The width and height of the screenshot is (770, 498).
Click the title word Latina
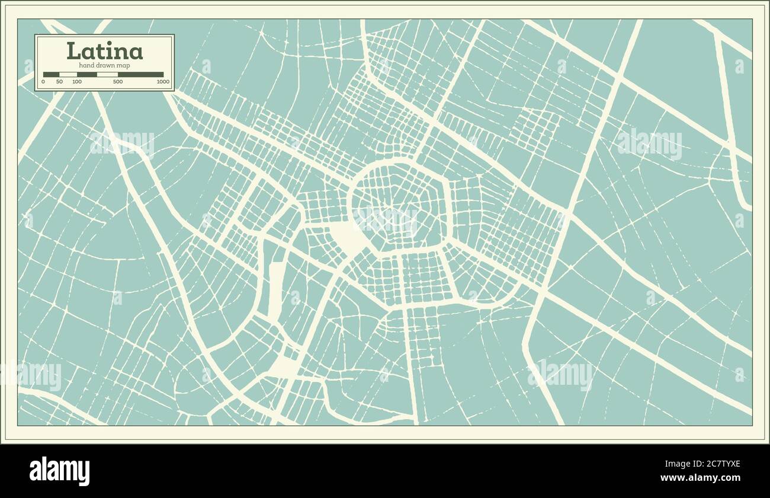pos(104,51)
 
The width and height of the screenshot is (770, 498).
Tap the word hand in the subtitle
pos(86,65)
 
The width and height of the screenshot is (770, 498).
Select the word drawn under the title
pos(105,65)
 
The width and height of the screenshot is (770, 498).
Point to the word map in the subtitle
pos(123,65)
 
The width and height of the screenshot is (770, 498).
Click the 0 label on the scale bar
pos(43,82)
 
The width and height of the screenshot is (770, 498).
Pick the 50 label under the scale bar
pos(59,82)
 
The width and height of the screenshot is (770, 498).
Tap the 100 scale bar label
pos(77,82)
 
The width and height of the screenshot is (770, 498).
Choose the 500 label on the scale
pos(118,82)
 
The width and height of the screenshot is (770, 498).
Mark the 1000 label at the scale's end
pos(163,82)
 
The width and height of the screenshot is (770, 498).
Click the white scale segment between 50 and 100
pos(68,75)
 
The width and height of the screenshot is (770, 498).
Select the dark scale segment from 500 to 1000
pos(140,75)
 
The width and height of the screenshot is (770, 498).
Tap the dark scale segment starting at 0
pos(51,75)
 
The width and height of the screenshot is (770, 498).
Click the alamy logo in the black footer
pos(60,471)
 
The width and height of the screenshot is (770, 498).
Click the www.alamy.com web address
pos(700,478)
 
